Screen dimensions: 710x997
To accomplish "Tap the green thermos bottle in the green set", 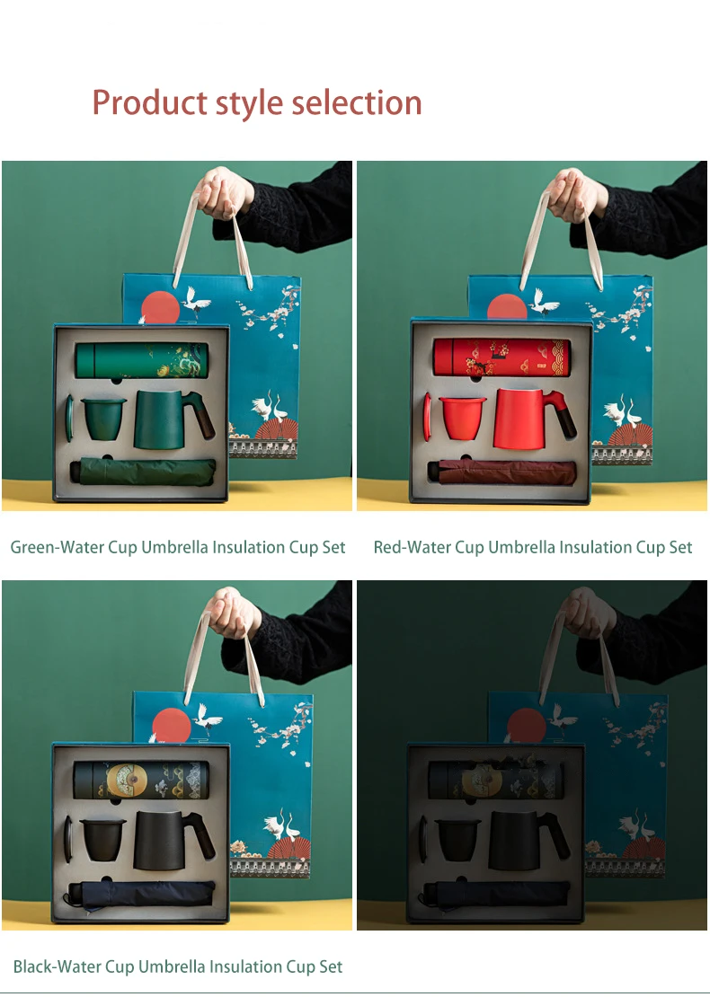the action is point(142,360).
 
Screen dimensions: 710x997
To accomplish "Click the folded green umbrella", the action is point(143,472).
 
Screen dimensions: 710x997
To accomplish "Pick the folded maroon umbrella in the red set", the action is point(501,472).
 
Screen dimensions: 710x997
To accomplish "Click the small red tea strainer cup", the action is point(463,417).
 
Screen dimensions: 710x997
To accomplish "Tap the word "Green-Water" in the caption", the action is point(58,547).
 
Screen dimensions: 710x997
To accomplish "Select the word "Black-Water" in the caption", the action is point(58,966).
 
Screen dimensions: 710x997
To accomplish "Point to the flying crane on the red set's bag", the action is point(545,300).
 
